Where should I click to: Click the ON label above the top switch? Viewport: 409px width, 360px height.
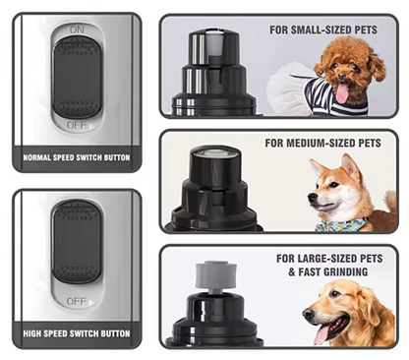(x=77, y=30)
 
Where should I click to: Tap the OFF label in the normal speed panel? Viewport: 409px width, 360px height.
(x=77, y=125)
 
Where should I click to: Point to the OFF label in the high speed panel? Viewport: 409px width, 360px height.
(x=77, y=301)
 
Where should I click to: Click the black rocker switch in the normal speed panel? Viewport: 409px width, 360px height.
(x=77, y=79)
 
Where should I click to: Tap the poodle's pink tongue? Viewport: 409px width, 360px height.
(x=342, y=93)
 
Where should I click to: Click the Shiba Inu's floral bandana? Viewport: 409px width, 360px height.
(x=340, y=224)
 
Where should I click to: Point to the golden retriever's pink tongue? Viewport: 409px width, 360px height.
(x=321, y=335)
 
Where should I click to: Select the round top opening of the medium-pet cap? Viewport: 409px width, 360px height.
(x=214, y=152)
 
